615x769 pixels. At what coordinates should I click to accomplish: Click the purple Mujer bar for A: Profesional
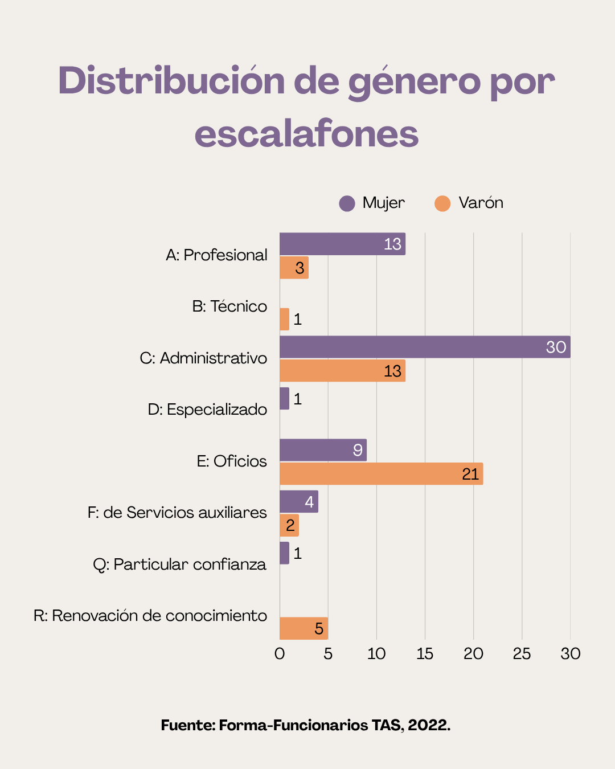click(342, 244)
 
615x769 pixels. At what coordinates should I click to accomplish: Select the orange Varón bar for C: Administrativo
click(342, 371)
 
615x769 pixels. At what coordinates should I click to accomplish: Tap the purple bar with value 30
click(424, 347)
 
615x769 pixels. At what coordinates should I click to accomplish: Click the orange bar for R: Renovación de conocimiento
click(303, 628)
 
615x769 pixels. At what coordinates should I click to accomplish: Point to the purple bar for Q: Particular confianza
click(284, 553)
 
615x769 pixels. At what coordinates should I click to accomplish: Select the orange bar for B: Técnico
click(284, 319)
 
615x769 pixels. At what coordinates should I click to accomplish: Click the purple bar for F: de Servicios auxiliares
click(298, 502)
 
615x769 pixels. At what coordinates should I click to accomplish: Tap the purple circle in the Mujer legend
click(347, 203)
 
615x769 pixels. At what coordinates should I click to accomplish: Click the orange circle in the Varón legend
click(442, 203)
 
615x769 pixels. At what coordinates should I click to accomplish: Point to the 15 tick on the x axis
click(425, 653)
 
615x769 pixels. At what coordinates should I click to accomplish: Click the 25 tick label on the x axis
click(522, 653)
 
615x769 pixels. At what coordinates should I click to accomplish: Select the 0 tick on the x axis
click(280, 653)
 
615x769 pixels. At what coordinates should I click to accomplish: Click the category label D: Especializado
click(207, 410)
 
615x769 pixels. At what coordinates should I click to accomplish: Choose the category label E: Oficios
click(232, 461)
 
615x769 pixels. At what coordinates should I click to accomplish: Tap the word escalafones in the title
click(306, 134)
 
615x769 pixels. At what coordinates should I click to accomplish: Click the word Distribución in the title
click(171, 81)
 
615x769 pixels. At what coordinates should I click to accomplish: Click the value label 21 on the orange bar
click(470, 474)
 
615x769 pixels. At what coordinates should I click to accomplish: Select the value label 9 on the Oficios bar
click(358, 450)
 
